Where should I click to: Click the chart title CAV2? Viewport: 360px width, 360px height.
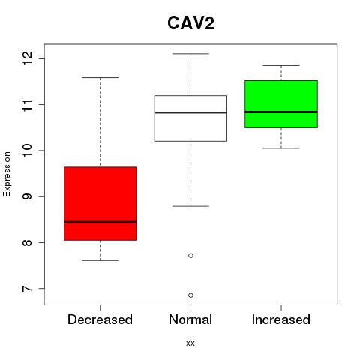click(x=190, y=23)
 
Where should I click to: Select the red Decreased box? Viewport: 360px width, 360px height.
click(x=100, y=203)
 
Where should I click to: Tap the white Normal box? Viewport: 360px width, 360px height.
click(x=190, y=118)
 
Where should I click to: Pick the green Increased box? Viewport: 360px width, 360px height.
click(x=281, y=104)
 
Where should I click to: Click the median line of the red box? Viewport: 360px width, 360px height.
click(x=100, y=222)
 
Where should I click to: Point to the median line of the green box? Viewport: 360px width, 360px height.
click(x=281, y=112)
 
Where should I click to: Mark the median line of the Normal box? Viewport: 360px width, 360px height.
click(x=190, y=112)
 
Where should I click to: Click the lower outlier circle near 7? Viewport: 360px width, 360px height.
click(x=190, y=295)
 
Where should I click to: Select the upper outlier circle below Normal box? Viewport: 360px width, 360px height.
click(x=190, y=256)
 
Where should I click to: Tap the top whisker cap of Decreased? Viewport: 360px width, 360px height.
click(x=100, y=77)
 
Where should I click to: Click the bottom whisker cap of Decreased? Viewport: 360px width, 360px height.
click(x=100, y=260)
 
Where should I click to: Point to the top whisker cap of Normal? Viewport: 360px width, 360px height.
click(x=190, y=54)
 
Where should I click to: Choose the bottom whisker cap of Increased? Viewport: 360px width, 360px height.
click(x=281, y=148)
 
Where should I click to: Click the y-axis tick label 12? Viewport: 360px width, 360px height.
click(x=28, y=58)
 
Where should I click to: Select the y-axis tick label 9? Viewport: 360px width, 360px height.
click(x=28, y=196)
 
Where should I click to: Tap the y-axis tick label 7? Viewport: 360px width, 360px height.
click(x=28, y=289)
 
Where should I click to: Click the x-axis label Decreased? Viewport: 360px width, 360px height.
click(x=100, y=319)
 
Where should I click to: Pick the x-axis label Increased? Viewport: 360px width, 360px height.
click(x=281, y=319)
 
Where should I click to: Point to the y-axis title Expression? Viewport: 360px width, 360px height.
click(x=7, y=174)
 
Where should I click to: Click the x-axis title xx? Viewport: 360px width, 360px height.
click(x=190, y=343)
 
